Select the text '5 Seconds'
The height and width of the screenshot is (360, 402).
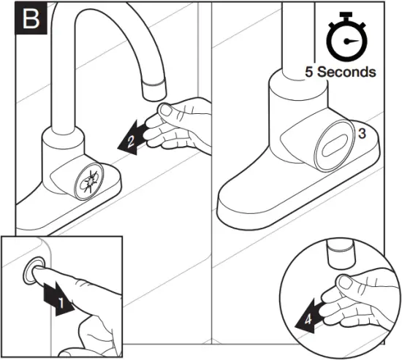[341, 72]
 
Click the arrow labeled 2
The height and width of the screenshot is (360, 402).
[126, 138]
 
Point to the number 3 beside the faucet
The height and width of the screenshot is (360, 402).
[361, 132]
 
